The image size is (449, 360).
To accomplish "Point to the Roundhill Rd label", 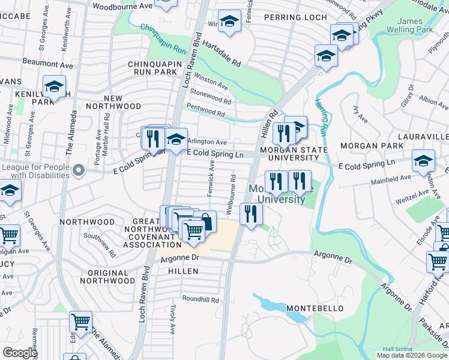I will pos(200,299).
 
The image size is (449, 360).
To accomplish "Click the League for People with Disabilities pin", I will pos(77,172).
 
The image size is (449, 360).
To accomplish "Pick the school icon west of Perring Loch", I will pos(229,22).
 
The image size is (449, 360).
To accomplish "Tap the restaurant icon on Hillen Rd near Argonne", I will pos(251,214).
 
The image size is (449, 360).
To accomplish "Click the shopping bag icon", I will pos(205,221).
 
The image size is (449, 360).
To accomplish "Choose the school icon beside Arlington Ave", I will pos(176,140).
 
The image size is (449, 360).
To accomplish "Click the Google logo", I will pos(20,353).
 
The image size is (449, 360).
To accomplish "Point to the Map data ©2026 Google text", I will pos(412,355).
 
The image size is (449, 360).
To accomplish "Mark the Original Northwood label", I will pos(103,277).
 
